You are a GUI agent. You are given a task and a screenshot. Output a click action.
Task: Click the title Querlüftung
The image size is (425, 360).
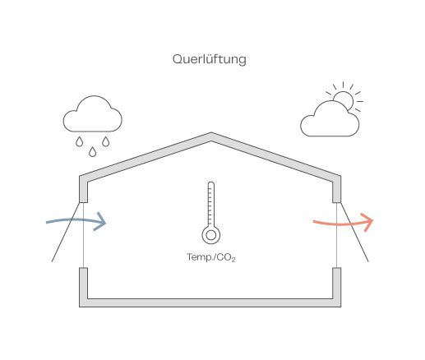(x=210, y=59)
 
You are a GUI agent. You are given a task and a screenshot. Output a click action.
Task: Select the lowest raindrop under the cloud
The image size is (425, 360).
(x=93, y=152)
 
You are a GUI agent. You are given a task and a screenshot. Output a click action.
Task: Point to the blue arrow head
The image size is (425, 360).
(x=100, y=221)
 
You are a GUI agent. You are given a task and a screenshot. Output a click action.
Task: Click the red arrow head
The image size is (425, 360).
(x=367, y=221)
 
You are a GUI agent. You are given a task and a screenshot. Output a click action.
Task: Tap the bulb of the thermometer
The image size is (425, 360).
(x=211, y=235)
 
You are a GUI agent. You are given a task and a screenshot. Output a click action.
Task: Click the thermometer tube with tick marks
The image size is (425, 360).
(x=211, y=204)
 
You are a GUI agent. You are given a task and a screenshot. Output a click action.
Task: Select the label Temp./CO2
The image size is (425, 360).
(x=211, y=257)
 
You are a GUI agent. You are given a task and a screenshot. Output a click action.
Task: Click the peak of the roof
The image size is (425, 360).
(x=211, y=132)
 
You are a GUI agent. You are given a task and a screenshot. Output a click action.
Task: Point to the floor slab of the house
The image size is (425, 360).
(x=210, y=302)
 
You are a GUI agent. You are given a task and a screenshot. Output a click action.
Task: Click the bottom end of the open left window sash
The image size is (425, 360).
(x=52, y=261)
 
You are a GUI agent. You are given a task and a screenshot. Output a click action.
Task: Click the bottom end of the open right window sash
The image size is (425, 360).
(x=368, y=261)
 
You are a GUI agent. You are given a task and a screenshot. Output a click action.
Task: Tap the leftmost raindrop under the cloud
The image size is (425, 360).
(x=79, y=142)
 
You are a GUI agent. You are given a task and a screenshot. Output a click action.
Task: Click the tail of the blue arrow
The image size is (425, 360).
(x=47, y=223)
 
